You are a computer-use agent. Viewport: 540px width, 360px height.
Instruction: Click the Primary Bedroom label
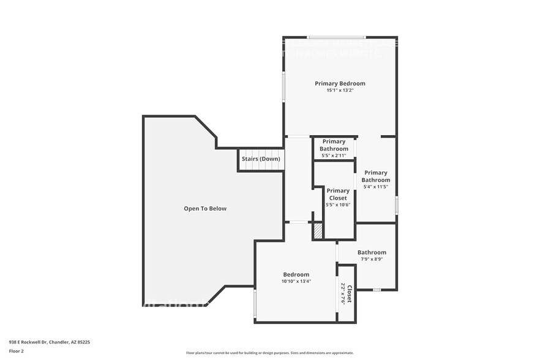click(x=340, y=83)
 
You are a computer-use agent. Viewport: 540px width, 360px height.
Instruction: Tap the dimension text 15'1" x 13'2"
click(x=340, y=91)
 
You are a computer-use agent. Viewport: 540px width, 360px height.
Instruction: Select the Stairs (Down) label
click(x=261, y=159)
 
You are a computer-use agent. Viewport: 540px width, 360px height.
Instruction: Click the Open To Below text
click(x=205, y=209)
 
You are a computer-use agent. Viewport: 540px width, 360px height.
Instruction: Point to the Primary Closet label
click(x=338, y=194)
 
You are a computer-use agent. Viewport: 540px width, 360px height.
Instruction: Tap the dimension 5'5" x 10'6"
click(x=338, y=205)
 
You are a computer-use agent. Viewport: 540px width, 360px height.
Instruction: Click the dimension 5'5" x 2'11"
click(x=334, y=156)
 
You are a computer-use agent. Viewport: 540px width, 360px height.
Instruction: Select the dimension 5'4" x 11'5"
click(x=375, y=187)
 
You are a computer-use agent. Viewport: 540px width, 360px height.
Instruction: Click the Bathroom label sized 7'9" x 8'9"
click(x=372, y=252)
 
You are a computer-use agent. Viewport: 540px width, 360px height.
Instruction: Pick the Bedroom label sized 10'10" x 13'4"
click(x=296, y=274)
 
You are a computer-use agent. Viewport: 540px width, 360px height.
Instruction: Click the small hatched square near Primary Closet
click(x=318, y=231)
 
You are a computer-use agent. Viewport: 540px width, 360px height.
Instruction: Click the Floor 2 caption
click(x=17, y=351)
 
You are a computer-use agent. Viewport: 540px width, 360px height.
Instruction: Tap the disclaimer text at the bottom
click(x=269, y=353)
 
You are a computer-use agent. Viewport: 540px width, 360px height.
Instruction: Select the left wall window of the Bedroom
click(x=255, y=304)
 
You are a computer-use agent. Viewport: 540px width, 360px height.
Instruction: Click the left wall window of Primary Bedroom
click(x=283, y=86)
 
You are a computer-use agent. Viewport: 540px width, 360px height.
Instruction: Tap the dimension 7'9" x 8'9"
click(x=372, y=260)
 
